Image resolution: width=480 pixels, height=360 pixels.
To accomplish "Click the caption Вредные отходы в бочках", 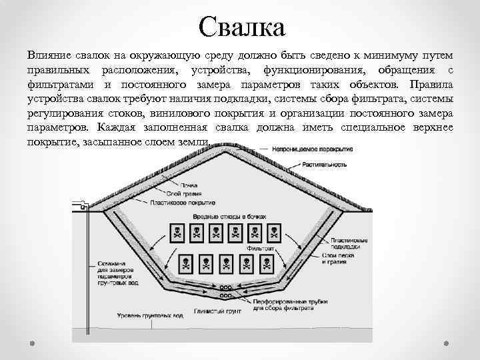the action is (229, 217).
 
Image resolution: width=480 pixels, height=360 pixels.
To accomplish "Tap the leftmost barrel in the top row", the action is (178, 233).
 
